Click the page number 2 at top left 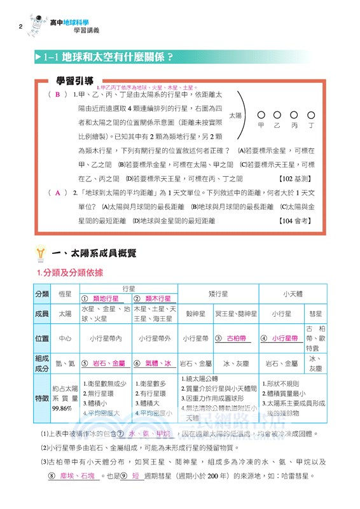coord(21,27)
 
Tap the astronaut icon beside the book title coord(38,24)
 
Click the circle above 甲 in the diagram coord(261,115)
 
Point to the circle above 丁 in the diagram coord(311,115)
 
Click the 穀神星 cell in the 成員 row coord(194,314)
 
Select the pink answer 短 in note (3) coord(136,476)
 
